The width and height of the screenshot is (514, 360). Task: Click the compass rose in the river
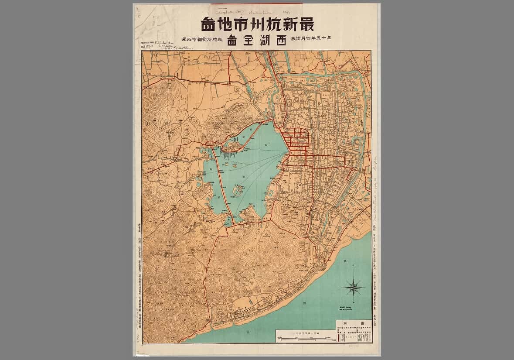pyautogui.click(x=354, y=288)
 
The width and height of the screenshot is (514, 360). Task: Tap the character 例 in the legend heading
pyautogui.click(x=344, y=323)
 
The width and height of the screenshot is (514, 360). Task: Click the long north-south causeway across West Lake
pyautogui.click(x=223, y=188)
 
